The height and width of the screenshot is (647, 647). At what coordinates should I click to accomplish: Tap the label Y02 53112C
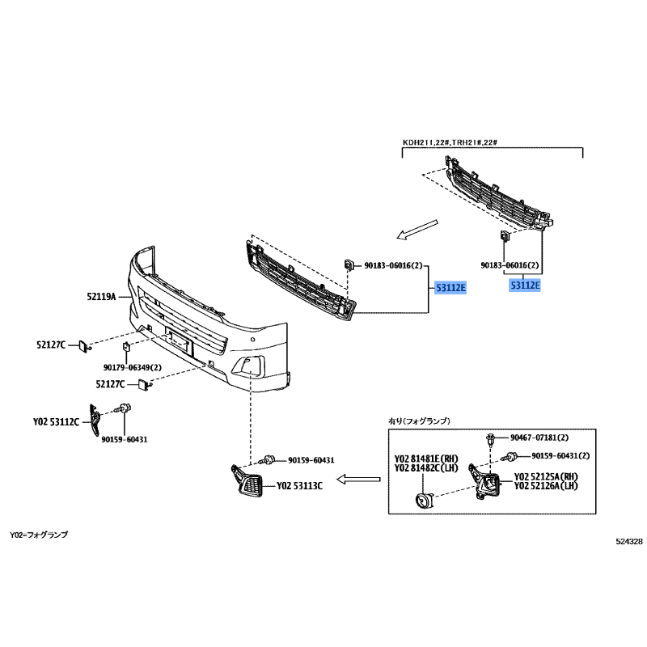tap(56, 421)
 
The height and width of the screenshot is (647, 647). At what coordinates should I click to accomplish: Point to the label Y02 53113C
tap(300, 486)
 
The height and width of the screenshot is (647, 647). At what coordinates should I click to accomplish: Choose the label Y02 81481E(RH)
tap(420, 457)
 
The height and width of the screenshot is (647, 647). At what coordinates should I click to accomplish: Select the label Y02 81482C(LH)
tap(420, 467)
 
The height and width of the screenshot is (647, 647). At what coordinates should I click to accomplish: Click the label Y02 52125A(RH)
tap(546, 476)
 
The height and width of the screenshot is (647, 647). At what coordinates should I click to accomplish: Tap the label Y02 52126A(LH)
tap(546, 487)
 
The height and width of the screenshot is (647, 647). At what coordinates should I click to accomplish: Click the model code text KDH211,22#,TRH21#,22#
tap(450, 143)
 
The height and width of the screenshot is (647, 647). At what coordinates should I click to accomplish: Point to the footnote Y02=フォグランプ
tap(39, 535)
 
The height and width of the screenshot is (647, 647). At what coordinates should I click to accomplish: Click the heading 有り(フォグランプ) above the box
tap(420, 421)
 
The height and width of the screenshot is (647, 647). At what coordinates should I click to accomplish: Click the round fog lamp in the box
tap(423, 501)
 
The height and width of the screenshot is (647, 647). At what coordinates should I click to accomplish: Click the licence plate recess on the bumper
tap(180, 343)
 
